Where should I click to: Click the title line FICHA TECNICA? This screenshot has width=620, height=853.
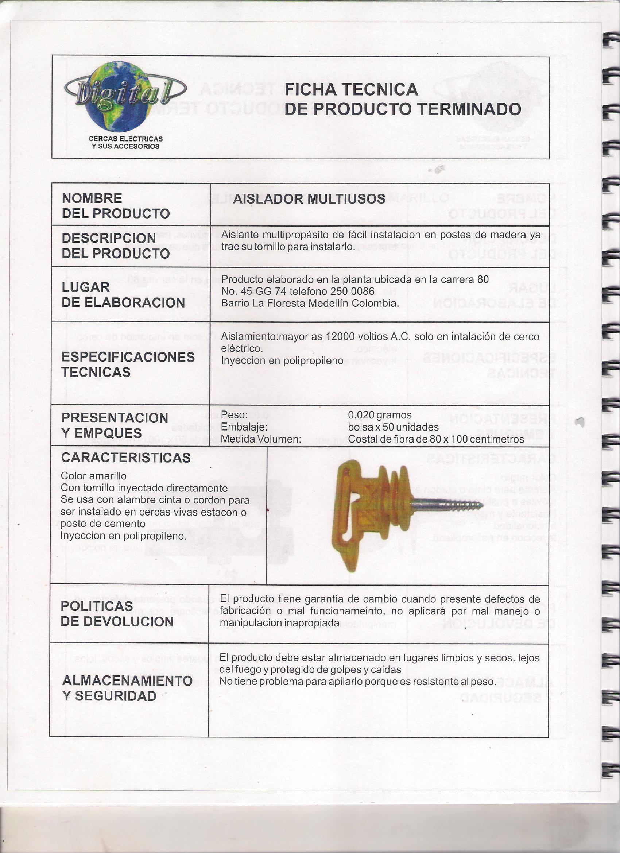coord(351,89)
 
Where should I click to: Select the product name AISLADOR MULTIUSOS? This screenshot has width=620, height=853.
coord(309,199)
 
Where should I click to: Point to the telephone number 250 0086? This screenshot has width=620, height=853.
coord(352,291)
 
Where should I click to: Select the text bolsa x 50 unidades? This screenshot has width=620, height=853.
coord(393,427)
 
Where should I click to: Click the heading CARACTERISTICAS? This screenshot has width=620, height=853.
coord(126,458)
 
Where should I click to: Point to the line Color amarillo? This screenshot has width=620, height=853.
coord(94,476)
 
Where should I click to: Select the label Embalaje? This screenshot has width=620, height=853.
coord(244,427)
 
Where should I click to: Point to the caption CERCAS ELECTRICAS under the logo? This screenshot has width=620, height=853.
coord(125,139)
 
